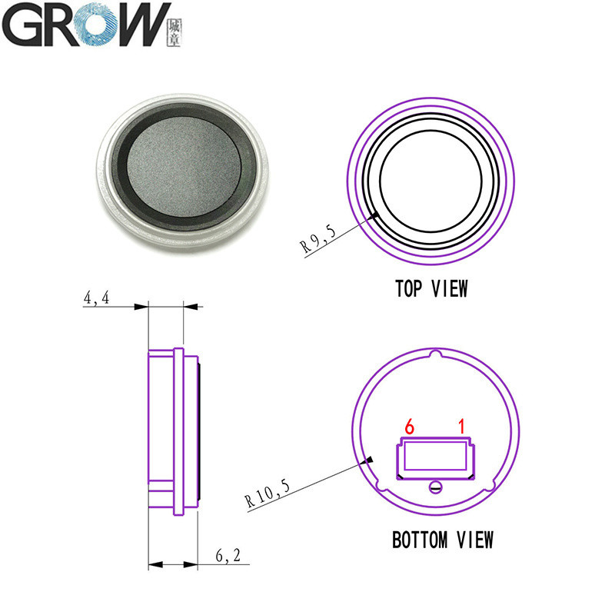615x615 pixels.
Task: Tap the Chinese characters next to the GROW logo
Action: [175, 33]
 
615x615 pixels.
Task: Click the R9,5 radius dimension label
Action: [318, 239]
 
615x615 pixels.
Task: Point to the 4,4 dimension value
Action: [97, 298]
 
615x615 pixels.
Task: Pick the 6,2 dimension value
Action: [228, 555]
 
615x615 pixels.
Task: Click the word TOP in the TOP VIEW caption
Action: [409, 289]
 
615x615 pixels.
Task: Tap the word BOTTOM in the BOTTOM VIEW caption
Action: [420, 540]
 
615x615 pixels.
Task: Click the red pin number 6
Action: [409, 427]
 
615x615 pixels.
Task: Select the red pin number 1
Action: [462, 427]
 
